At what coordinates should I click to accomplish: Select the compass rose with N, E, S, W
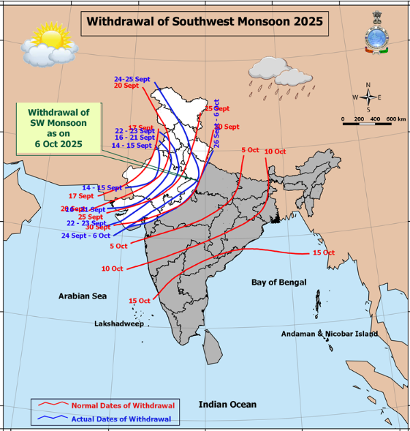[368, 97]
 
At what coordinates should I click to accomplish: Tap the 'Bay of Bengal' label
[278, 282]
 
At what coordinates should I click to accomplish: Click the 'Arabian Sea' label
[83, 296]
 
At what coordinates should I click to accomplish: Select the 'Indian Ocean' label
[227, 405]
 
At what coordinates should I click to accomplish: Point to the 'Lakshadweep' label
[119, 323]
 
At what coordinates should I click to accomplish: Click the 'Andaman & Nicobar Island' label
[330, 334]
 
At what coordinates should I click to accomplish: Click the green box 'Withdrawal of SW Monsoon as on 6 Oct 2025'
[58, 128]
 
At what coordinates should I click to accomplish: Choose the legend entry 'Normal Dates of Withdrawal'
[122, 405]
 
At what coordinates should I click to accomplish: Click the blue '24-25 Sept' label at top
[131, 78]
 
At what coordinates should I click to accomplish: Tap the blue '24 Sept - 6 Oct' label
[86, 236]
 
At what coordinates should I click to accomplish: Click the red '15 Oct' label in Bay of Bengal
[323, 252]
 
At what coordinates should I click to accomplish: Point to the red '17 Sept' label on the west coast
[81, 196]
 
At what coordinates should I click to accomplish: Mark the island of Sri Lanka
[212, 346]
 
